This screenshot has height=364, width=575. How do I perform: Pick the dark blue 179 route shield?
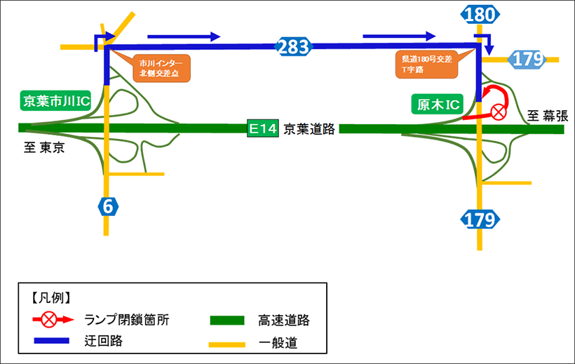pyautogui.click(x=480, y=219)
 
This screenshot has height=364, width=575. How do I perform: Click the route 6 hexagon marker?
pyautogui.click(x=106, y=206)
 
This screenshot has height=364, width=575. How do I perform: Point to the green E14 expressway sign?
pyautogui.click(x=264, y=128)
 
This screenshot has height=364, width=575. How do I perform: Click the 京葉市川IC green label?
pyautogui.click(x=56, y=101)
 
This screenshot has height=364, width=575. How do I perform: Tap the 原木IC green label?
pyautogui.click(x=436, y=105)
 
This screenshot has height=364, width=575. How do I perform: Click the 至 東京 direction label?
pyautogui.click(x=43, y=147)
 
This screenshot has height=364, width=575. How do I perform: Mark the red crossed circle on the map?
pyautogui.click(x=499, y=111)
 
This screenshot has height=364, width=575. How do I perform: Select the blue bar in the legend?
pyautogui.click(x=53, y=340)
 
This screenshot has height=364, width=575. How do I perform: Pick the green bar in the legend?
pyautogui.click(x=227, y=321)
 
